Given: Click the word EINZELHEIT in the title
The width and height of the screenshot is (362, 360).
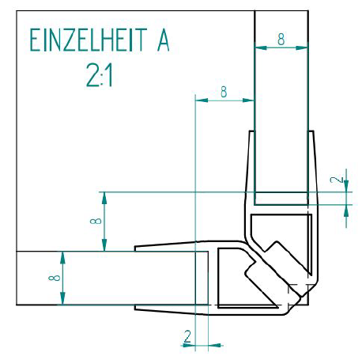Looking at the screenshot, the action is tap(88, 40).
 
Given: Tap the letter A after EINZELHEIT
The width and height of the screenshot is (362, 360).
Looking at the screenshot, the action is tap(164, 40).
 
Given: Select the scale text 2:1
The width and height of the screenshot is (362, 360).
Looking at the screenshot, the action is tap(100, 76).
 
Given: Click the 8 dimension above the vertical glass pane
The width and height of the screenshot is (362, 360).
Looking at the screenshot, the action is tap(281, 40).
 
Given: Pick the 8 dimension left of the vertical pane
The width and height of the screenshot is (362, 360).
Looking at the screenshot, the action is tap(224, 92).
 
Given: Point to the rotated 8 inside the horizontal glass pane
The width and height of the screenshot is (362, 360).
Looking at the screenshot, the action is tap(55, 278).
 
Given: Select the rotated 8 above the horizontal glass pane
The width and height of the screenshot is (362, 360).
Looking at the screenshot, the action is tap(96, 221).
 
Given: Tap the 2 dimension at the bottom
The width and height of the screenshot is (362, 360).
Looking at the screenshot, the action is tap(187, 336).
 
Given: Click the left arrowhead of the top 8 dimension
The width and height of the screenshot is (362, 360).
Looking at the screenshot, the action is tap(261, 47).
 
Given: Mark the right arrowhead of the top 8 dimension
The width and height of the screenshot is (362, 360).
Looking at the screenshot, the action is tap(302, 47).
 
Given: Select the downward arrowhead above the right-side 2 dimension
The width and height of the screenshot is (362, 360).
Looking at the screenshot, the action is tap(346, 185).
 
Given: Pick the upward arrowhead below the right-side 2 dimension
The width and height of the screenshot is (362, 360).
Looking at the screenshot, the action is tap(346, 211).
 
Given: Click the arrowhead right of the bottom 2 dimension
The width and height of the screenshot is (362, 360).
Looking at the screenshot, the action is tap(214, 345).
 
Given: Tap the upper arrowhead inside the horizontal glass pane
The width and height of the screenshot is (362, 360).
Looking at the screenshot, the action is tap(62, 258).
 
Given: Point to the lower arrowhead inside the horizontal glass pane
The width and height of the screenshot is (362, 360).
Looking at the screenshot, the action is tap(62, 298).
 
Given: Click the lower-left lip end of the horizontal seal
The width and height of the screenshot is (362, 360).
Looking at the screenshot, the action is tap(135, 308).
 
